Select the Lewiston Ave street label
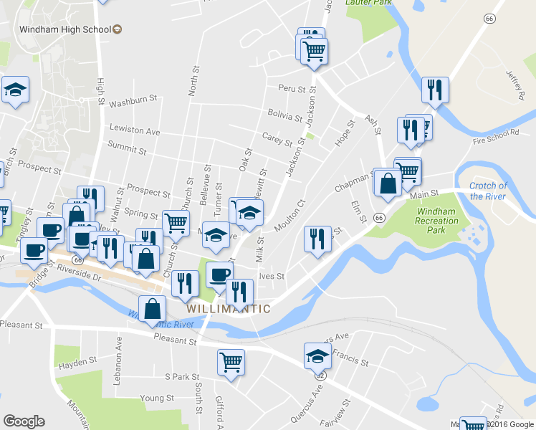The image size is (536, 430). click(134, 131)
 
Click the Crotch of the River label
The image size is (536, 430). click(488, 191)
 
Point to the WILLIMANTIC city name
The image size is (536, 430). click(229, 309)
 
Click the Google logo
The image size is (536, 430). click(24, 421)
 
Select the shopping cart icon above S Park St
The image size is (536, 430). click(231, 361)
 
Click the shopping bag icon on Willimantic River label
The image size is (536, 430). click(153, 309)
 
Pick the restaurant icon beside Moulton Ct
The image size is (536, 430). click(317, 239)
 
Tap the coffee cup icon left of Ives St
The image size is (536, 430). click(220, 274)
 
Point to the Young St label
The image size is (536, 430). click(153, 398)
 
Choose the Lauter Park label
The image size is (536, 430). click(368, 3)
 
